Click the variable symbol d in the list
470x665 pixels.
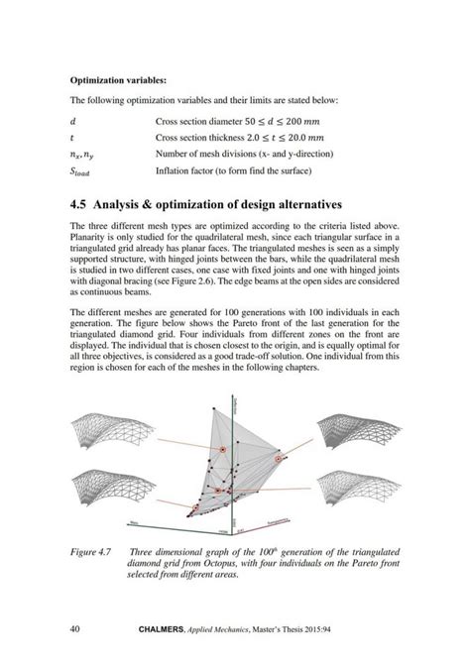pos(72,121)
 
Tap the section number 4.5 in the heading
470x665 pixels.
pos(82,204)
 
